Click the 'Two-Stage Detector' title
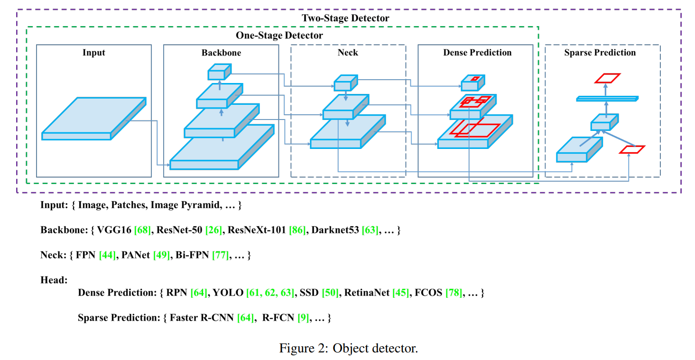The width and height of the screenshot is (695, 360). [345, 18]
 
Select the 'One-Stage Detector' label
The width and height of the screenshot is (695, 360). [279, 36]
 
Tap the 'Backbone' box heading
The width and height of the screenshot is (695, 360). [221, 53]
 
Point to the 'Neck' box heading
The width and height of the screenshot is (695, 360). [348, 53]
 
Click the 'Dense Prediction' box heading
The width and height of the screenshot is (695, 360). [477, 53]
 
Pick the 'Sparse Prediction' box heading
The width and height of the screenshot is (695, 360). [600, 53]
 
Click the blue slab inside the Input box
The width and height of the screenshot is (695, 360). [93, 119]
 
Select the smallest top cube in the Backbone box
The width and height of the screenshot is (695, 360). [219, 72]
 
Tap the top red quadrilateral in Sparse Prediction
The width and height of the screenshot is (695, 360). [608, 78]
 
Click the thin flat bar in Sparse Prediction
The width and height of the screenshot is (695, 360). [607, 99]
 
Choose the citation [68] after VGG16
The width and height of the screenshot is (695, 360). [143, 231]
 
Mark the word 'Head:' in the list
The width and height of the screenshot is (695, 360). [54, 280]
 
